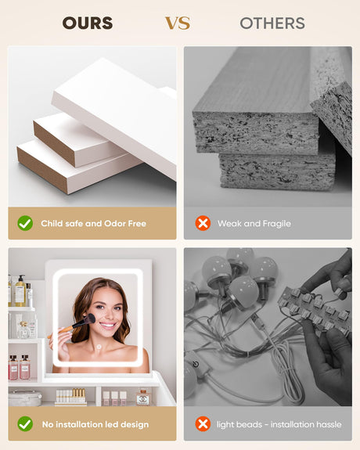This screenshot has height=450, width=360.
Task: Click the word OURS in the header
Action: (x=88, y=23)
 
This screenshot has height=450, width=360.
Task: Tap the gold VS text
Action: (x=178, y=23)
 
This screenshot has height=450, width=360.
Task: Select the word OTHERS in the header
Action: (x=272, y=23)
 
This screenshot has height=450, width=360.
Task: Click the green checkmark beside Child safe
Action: (x=25, y=223)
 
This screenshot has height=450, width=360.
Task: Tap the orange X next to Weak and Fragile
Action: (x=203, y=223)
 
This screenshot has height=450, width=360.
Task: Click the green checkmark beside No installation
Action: (x=25, y=424)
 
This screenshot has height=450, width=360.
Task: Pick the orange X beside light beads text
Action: (x=203, y=424)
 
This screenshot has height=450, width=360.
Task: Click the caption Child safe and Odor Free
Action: (x=94, y=223)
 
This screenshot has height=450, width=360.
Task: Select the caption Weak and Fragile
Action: (x=254, y=224)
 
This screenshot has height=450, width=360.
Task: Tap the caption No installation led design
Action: (x=95, y=424)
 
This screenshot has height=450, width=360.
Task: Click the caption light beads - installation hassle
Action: (x=279, y=424)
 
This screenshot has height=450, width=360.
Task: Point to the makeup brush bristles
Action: (x=89, y=319)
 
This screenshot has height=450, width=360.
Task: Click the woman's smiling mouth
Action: (x=108, y=326)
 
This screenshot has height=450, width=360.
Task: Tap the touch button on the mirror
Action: (x=99, y=347)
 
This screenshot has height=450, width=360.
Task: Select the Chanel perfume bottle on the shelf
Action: (x=142, y=397)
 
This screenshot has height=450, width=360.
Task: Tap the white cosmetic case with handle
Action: (x=25, y=398)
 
